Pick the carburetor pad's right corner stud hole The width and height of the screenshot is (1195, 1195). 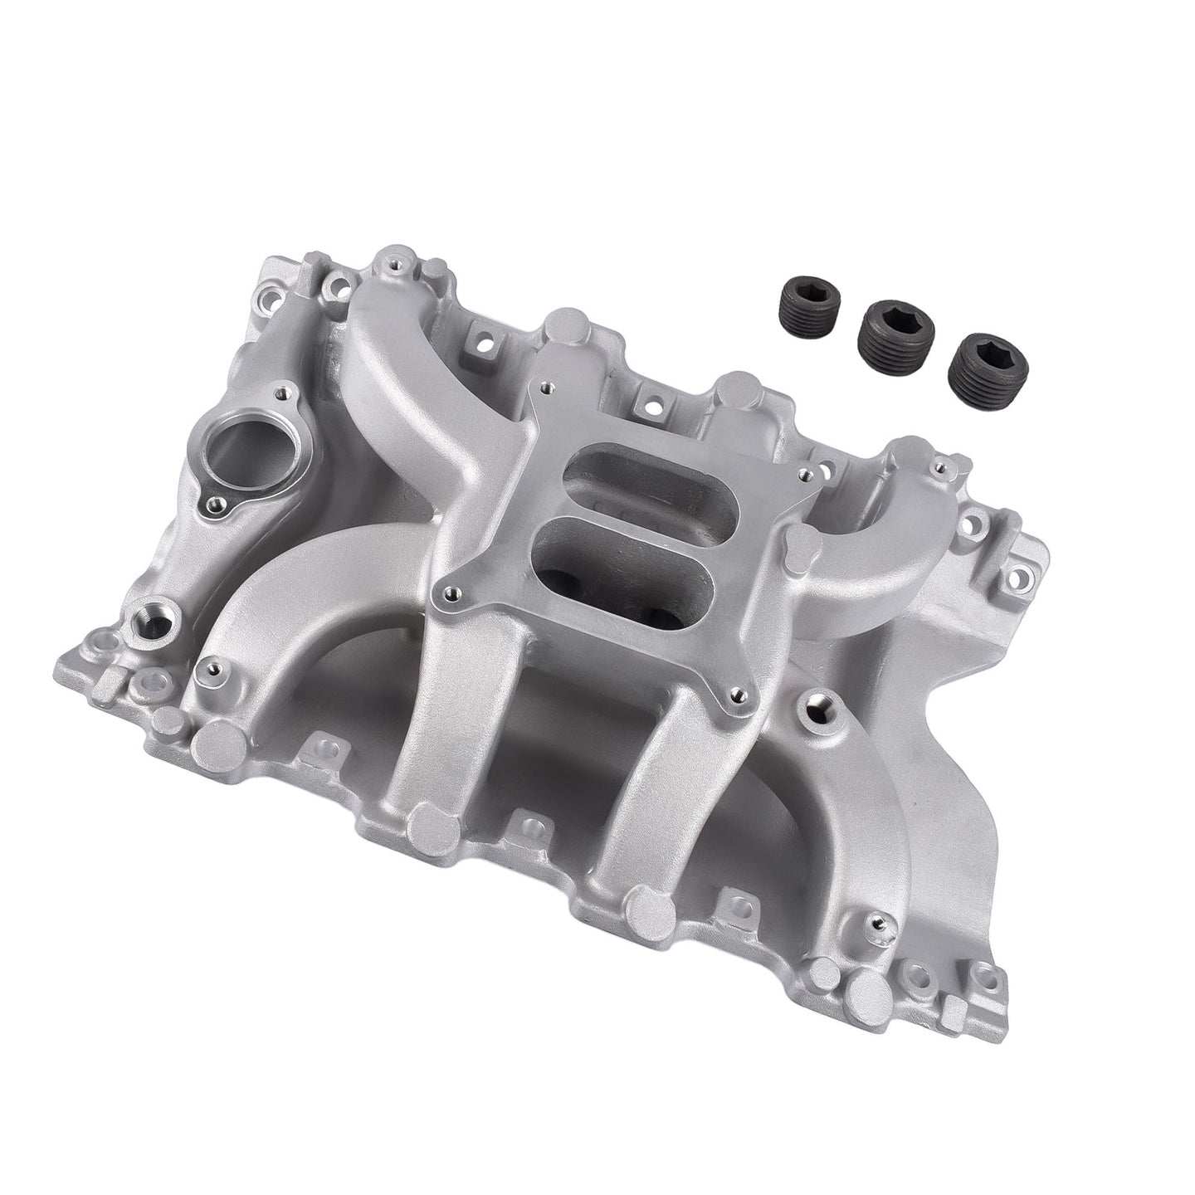click(802, 475)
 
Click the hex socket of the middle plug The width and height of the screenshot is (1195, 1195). click(894, 317)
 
